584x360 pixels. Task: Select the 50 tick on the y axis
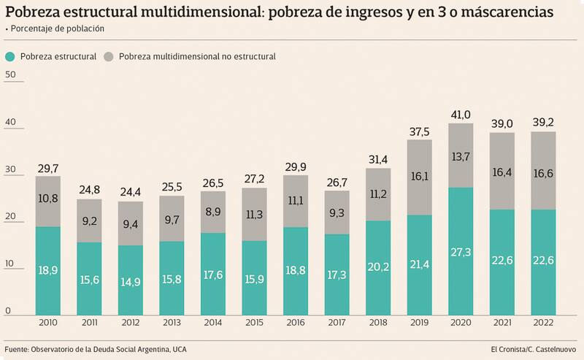9,74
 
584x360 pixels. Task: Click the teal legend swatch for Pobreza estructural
10,56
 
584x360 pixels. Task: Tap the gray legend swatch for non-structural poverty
109,56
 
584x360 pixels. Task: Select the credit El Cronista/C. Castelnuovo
530,349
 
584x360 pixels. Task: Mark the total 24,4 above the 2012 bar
131,193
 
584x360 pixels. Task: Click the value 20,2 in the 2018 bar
377,268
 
